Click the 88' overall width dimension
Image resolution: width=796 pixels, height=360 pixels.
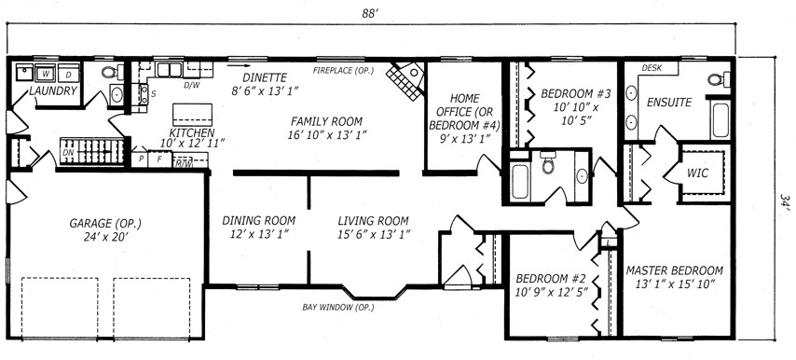[371, 13]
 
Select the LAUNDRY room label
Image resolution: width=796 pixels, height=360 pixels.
[53, 90]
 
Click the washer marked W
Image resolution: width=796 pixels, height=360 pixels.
[45, 73]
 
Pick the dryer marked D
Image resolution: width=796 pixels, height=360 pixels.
[69, 73]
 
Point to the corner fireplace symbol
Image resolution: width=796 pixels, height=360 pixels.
[405, 80]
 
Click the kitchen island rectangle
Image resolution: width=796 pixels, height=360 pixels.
[192, 115]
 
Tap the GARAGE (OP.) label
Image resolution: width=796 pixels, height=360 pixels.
[105, 223]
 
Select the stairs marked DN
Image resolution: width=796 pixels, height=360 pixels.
[92, 151]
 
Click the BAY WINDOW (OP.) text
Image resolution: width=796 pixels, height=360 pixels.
[338, 307]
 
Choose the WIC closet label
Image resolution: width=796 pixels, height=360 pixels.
[697, 173]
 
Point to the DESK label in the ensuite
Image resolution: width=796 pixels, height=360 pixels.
[652, 68]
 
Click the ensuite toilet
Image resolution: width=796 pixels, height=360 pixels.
[719, 79]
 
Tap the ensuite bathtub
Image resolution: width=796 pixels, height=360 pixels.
[721, 119]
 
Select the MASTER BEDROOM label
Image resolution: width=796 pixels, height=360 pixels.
[675, 270]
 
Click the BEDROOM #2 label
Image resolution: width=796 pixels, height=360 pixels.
[551, 278]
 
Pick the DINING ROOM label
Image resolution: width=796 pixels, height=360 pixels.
[259, 221]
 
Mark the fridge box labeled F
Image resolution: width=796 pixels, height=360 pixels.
[158, 159]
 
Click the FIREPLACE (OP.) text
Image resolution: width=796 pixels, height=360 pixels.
[343, 71]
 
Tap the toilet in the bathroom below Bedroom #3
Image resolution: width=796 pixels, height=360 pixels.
[548, 161]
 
